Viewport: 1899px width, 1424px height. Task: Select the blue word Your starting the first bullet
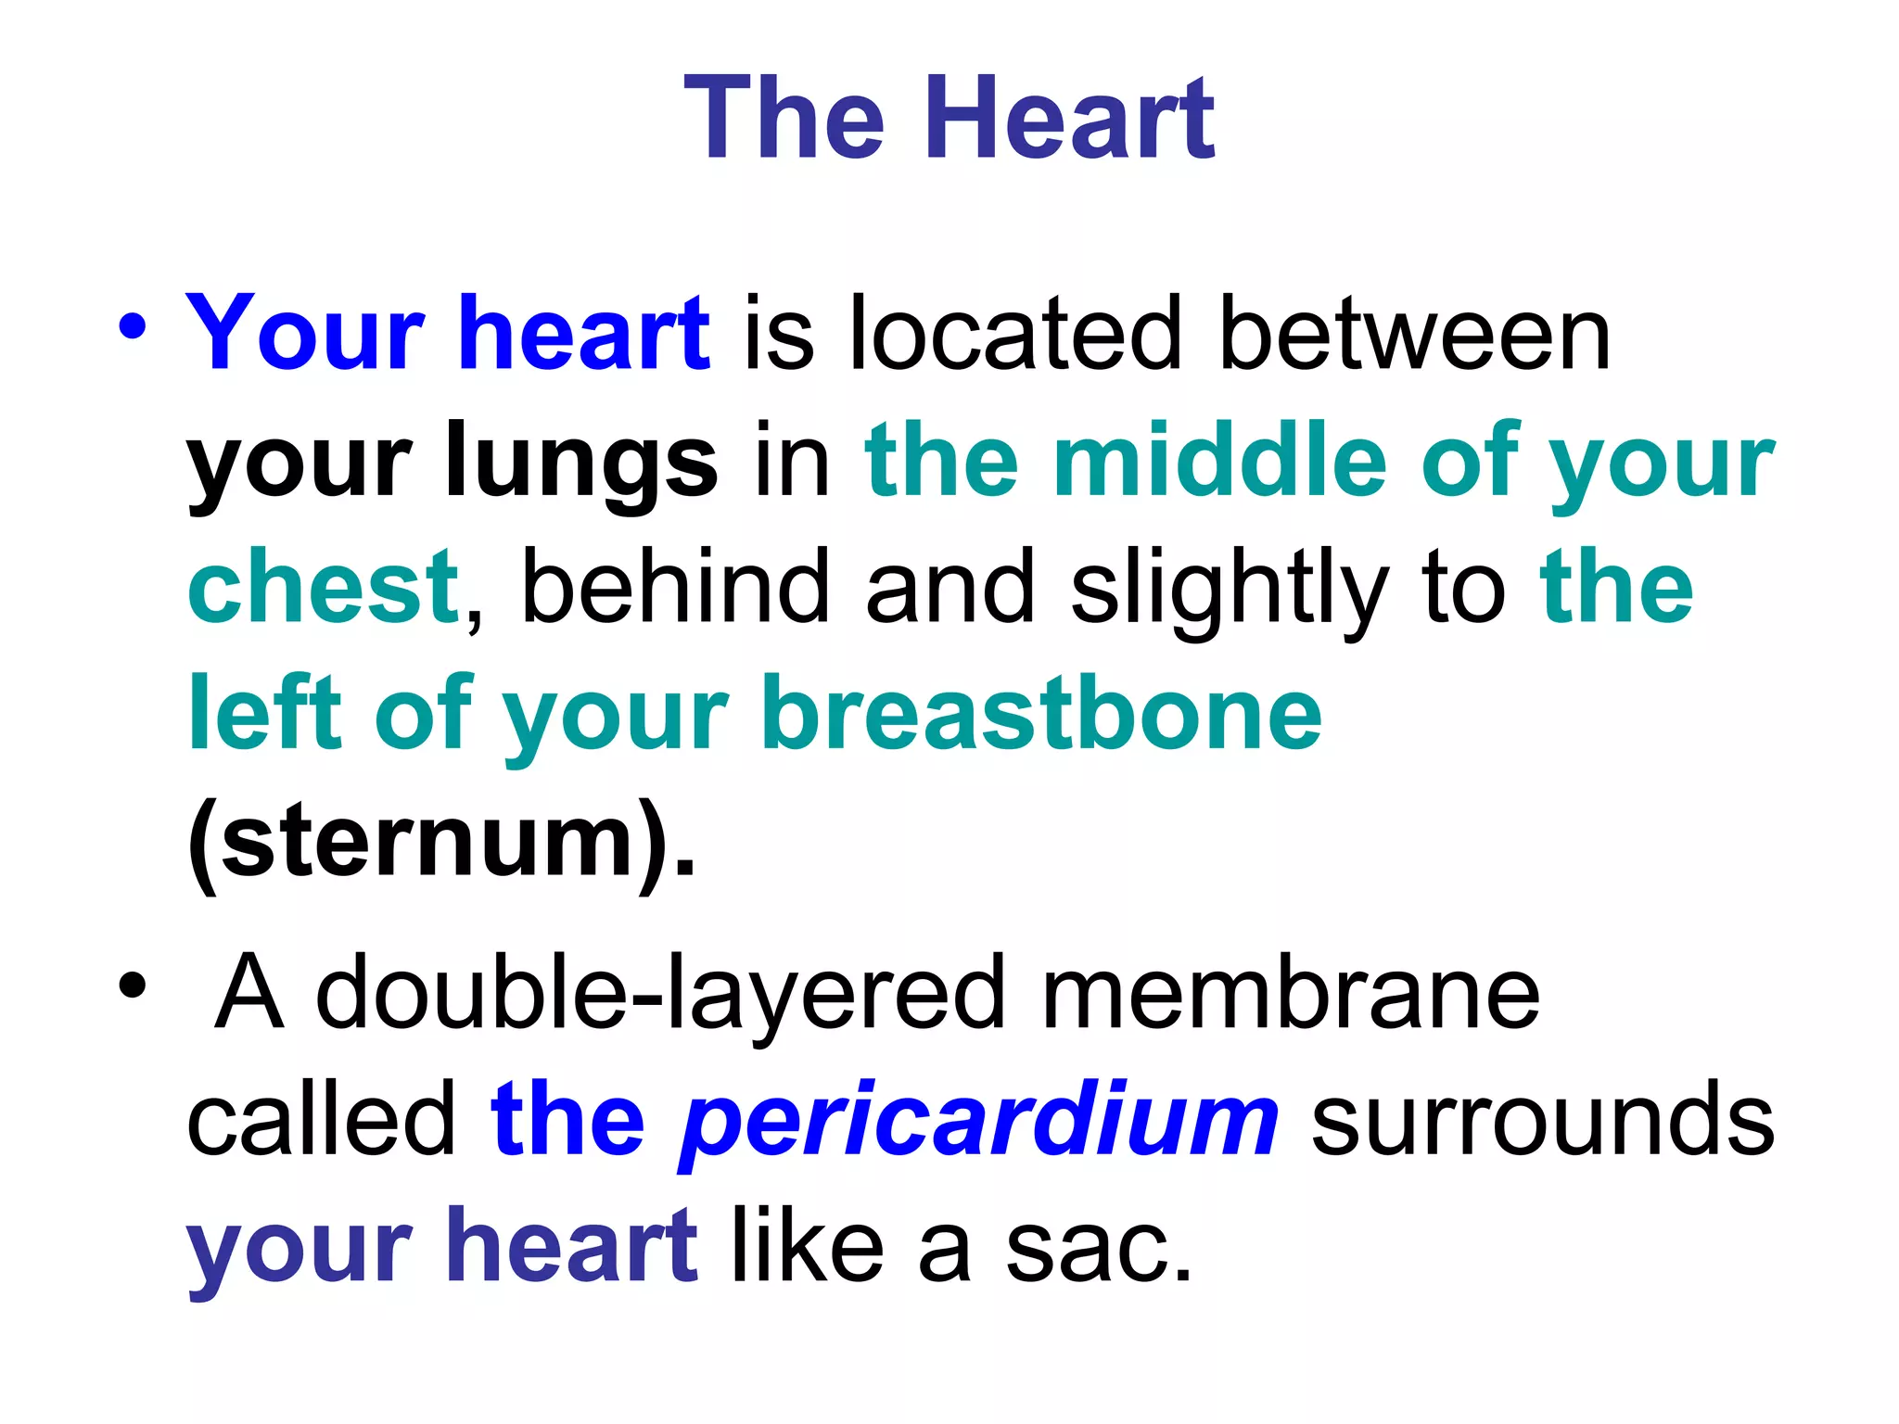pos(305,333)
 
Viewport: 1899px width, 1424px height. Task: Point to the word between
pos(1415,333)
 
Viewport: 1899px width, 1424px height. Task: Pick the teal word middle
pos(1219,459)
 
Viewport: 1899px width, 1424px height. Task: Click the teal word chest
pos(324,587)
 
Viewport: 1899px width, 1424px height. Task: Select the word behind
pos(675,587)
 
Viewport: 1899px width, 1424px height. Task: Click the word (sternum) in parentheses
pos(440,842)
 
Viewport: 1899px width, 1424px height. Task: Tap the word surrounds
pos(1542,1121)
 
